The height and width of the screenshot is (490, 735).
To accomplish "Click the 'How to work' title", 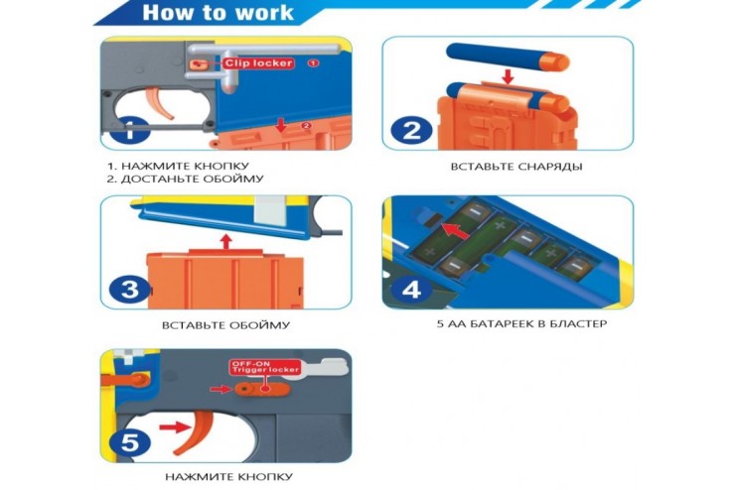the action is [218, 13].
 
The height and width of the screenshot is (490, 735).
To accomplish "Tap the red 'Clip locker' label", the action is [259, 63].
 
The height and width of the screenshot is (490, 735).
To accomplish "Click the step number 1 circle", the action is [130, 130].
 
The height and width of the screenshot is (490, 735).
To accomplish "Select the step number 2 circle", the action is [411, 130].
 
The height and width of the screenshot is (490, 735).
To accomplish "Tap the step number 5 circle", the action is [130, 442].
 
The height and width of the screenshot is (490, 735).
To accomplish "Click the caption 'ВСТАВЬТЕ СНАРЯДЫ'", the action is [516, 167].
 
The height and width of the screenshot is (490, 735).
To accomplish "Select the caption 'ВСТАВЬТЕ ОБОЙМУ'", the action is [225, 324].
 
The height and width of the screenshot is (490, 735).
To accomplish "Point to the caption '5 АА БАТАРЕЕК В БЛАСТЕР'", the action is [521, 324].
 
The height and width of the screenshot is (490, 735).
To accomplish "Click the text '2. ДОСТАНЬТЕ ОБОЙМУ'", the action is [186, 179].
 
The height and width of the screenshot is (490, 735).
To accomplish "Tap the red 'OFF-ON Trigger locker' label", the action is [265, 366].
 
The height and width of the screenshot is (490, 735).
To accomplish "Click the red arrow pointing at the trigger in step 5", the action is [176, 427].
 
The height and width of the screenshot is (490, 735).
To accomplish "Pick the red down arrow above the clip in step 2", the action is [508, 76].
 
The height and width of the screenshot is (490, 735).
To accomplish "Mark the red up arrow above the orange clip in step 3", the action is [226, 241].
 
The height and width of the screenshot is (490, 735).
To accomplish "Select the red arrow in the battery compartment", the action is [457, 232].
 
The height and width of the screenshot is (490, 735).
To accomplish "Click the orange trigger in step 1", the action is [161, 103].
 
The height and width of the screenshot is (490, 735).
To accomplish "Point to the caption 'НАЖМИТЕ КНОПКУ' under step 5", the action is [228, 477].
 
